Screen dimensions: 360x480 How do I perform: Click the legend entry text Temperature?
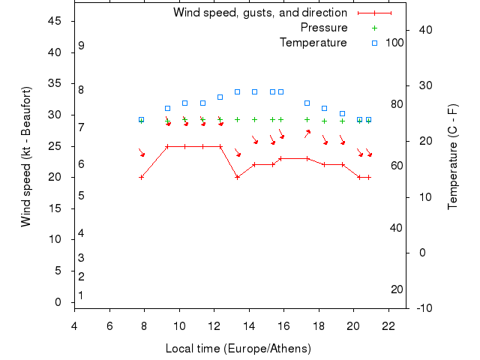[313, 43]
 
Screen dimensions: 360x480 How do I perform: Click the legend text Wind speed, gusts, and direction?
[259, 13]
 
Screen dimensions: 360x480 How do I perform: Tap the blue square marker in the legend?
[374, 43]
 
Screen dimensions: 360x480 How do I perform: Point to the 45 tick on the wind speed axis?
[55, 21]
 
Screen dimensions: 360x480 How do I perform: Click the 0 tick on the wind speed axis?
[58, 302]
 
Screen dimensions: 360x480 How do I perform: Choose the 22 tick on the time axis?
[388, 326]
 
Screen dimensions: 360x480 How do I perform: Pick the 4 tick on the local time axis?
[74, 326]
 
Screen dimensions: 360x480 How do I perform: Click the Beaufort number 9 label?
[81, 46]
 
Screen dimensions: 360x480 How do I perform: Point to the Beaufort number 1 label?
[81, 295]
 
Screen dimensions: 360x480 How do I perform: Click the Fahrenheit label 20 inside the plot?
[397, 289]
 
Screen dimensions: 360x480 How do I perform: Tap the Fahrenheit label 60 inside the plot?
[397, 166]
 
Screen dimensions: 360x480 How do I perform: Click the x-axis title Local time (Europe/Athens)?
[238, 349]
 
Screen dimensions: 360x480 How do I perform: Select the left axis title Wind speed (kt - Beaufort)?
[26, 156]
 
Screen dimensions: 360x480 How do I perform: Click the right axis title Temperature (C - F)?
[452, 157]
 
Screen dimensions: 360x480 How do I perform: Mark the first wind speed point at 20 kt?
[141, 177]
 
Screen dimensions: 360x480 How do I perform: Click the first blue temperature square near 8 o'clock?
[141, 119]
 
